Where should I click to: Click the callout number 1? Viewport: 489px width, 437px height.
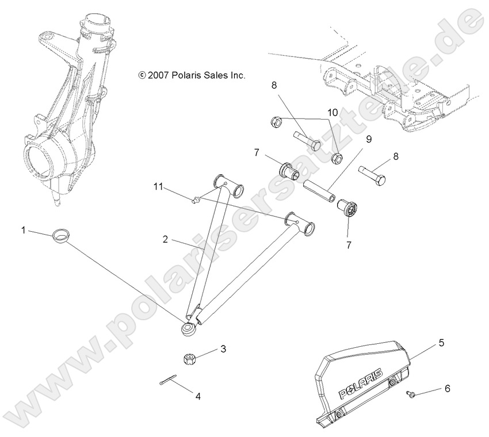24,230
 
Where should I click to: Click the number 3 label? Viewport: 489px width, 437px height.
223,349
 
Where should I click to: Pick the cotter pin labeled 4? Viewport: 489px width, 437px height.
166,381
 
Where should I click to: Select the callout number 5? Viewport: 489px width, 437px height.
442,343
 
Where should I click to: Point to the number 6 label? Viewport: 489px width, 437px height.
447,389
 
